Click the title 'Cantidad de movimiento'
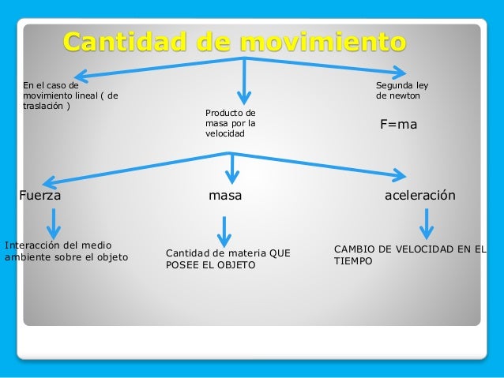235,41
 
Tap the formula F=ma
399,125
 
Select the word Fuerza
40,195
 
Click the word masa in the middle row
225,195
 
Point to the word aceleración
419,195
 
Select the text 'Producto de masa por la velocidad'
230,123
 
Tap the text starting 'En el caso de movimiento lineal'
70,95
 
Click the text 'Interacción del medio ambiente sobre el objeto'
66,250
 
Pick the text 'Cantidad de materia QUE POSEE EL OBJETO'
228,259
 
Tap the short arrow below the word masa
225,230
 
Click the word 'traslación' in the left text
44,106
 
